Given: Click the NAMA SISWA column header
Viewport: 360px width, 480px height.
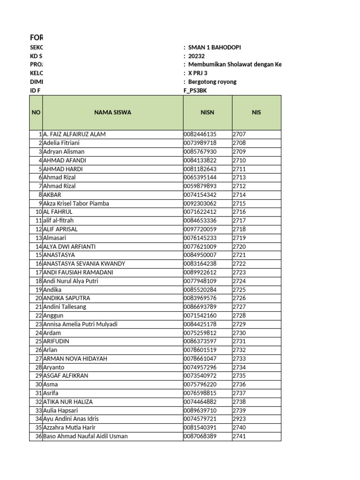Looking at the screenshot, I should [112, 112].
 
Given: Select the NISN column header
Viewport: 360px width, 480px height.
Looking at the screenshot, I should [207, 112].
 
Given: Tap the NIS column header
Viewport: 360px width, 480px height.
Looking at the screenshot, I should [256, 112].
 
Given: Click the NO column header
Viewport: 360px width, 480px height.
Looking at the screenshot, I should [36, 112].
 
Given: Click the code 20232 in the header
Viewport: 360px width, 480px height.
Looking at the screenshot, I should [196, 56].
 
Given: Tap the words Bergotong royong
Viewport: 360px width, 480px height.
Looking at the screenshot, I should [212, 82].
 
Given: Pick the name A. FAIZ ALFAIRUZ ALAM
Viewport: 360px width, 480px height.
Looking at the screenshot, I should [74, 134].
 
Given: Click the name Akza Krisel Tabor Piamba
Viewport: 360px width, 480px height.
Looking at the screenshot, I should [76, 203].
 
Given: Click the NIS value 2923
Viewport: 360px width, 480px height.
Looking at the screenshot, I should [239, 419].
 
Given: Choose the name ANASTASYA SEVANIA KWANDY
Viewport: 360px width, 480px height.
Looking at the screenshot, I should [84, 264].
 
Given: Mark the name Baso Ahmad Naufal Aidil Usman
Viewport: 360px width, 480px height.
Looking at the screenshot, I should [85, 436].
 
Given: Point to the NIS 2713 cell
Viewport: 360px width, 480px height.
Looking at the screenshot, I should [239, 178].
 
